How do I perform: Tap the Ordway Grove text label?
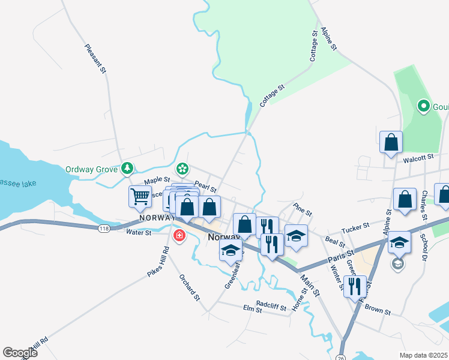click(x=91, y=169)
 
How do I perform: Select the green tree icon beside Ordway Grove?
click(x=127, y=169)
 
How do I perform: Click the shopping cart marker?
click(x=140, y=196)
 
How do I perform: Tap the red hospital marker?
click(x=179, y=235)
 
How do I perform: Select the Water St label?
click(x=138, y=232)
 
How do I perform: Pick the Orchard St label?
click(x=189, y=287)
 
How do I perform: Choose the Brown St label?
click(x=378, y=313)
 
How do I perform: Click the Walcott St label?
click(x=418, y=159)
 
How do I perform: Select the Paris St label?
click(x=342, y=256)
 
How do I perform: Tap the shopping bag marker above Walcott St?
click(x=391, y=143)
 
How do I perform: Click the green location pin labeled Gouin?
click(x=423, y=107)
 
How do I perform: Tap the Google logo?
click(x=20, y=353)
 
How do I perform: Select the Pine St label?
click(x=303, y=211)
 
